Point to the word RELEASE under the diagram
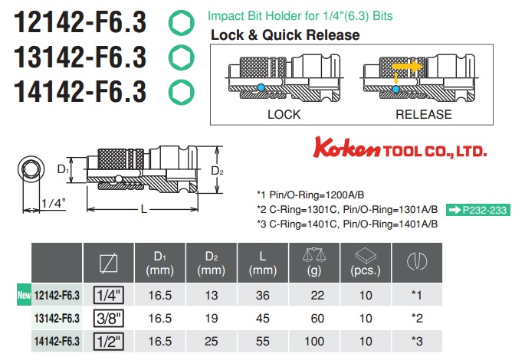[x=423, y=114]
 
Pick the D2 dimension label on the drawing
[x=217, y=170]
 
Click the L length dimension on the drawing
[x=144, y=209]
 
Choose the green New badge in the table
[x=23, y=293]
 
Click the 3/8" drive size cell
[x=108, y=316]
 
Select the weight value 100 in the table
[x=314, y=339]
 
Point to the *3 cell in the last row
[x=416, y=339]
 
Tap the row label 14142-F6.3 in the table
[x=57, y=339]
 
